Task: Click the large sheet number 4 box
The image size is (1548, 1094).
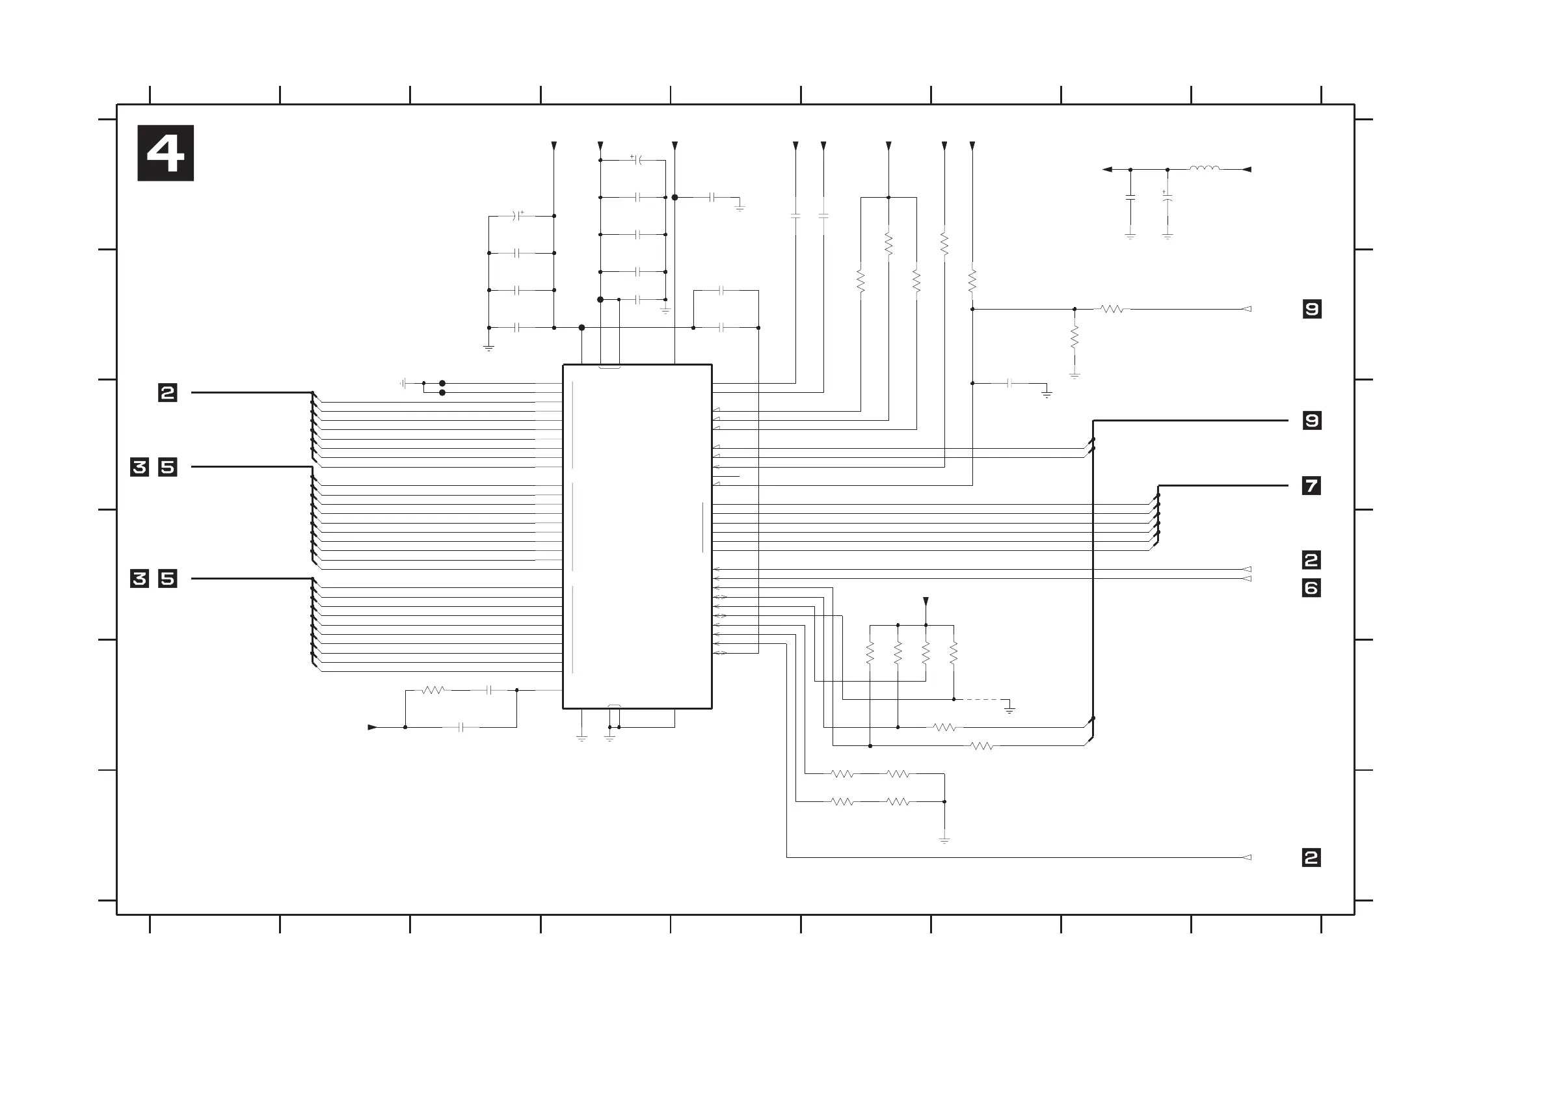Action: [165, 153]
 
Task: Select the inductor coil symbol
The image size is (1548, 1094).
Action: [1204, 168]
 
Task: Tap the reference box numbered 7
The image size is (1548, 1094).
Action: [1311, 485]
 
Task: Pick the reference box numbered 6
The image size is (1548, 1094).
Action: [1311, 588]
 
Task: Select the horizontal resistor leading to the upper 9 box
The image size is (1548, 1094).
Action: [1112, 310]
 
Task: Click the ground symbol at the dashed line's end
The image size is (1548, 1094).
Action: [1009, 708]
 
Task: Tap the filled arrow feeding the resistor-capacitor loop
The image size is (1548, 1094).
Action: [372, 727]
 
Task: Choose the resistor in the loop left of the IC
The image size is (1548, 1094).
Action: [433, 690]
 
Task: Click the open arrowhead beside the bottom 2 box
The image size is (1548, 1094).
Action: [1247, 857]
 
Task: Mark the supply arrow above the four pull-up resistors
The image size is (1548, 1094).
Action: [926, 601]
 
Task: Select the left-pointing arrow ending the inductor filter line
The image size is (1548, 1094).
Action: [1107, 169]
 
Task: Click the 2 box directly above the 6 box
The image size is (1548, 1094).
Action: [1311, 559]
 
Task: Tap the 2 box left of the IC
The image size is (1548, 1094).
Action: [167, 392]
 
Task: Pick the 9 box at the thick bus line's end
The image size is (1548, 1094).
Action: [1311, 421]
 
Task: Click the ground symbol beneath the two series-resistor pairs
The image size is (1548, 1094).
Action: [944, 840]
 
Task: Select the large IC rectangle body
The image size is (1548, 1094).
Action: [637, 536]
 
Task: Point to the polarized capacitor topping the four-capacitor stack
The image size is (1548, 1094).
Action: [518, 216]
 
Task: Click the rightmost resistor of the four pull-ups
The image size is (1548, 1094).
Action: [954, 652]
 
